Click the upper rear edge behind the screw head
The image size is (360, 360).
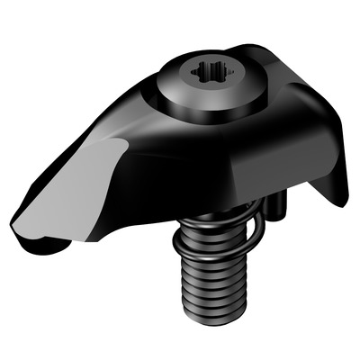[x=270, y=54]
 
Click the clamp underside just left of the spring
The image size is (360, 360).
[x=157, y=225]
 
